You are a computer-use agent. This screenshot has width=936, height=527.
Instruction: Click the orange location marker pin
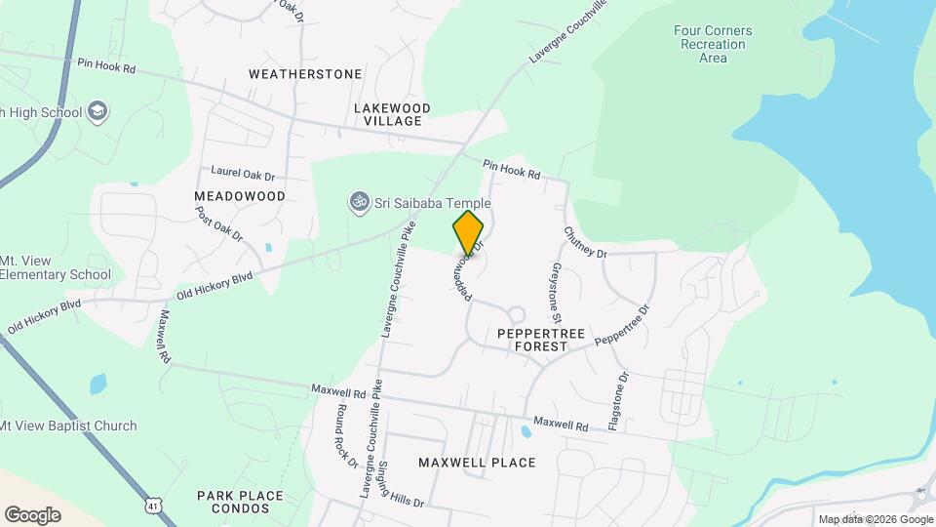[x=468, y=232]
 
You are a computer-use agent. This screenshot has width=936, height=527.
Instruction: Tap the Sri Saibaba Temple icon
[x=358, y=202]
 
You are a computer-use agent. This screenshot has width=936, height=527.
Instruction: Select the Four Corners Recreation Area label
[x=713, y=44]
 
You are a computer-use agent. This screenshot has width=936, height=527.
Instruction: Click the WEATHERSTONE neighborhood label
[x=305, y=74]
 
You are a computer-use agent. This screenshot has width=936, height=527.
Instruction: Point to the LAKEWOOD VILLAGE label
[x=388, y=113]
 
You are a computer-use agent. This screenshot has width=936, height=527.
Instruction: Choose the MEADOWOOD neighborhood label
[x=239, y=196]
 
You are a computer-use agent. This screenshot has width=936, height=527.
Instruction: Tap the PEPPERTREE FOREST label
[x=541, y=340]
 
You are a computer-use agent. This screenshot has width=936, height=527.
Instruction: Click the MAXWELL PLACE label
[x=477, y=463]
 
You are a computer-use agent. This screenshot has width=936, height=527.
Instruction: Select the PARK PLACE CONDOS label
[x=240, y=502]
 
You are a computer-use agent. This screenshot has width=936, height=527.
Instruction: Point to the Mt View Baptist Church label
[x=68, y=426]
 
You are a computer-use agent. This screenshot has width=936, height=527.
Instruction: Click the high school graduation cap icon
[x=97, y=111]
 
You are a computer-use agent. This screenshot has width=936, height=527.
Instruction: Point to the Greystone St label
[x=556, y=292]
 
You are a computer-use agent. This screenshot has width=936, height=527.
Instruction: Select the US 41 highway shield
[x=151, y=504]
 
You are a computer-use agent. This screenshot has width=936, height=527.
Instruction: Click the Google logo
[x=32, y=514]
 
